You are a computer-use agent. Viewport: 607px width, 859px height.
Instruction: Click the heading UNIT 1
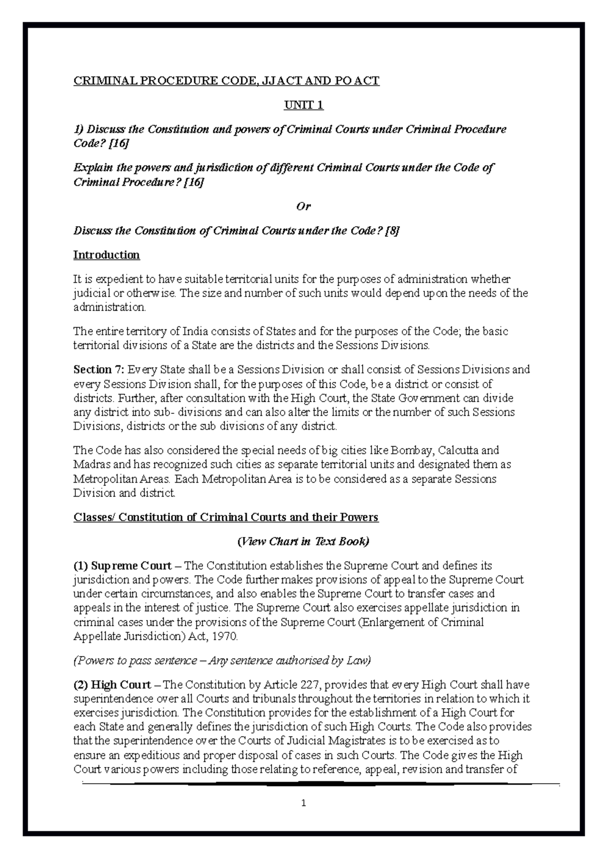pyautogui.click(x=303, y=105)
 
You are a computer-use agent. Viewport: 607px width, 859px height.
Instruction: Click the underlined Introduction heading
pyautogui.click(x=106, y=255)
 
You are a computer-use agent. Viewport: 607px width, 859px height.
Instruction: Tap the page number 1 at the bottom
pyautogui.click(x=303, y=803)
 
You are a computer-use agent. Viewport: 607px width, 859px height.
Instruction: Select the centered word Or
pyautogui.click(x=303, y=206)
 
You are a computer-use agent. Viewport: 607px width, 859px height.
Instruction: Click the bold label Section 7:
pyautogui.click(x=99, y=370)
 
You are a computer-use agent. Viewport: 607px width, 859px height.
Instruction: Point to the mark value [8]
pyautogui.click(x=392, y=231)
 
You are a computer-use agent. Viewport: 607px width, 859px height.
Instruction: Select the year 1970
pyautogui.click(x=225, y=637)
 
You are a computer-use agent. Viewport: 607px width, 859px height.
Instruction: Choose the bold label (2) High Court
pyautogui.click(x=112, y=685)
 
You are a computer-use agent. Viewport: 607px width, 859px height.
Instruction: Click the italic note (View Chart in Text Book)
pyautogui.click(x=303, y=542)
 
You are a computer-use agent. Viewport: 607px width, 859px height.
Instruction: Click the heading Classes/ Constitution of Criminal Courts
pyautogui.click(x=226, y=518)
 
